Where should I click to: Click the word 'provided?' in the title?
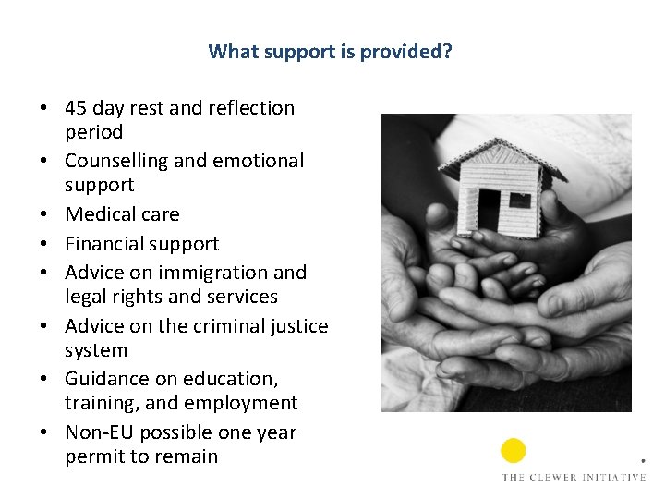point(406,52)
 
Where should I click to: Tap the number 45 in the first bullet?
point(78,108)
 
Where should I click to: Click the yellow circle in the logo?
point(514,451)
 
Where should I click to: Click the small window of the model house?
point(521,200)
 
